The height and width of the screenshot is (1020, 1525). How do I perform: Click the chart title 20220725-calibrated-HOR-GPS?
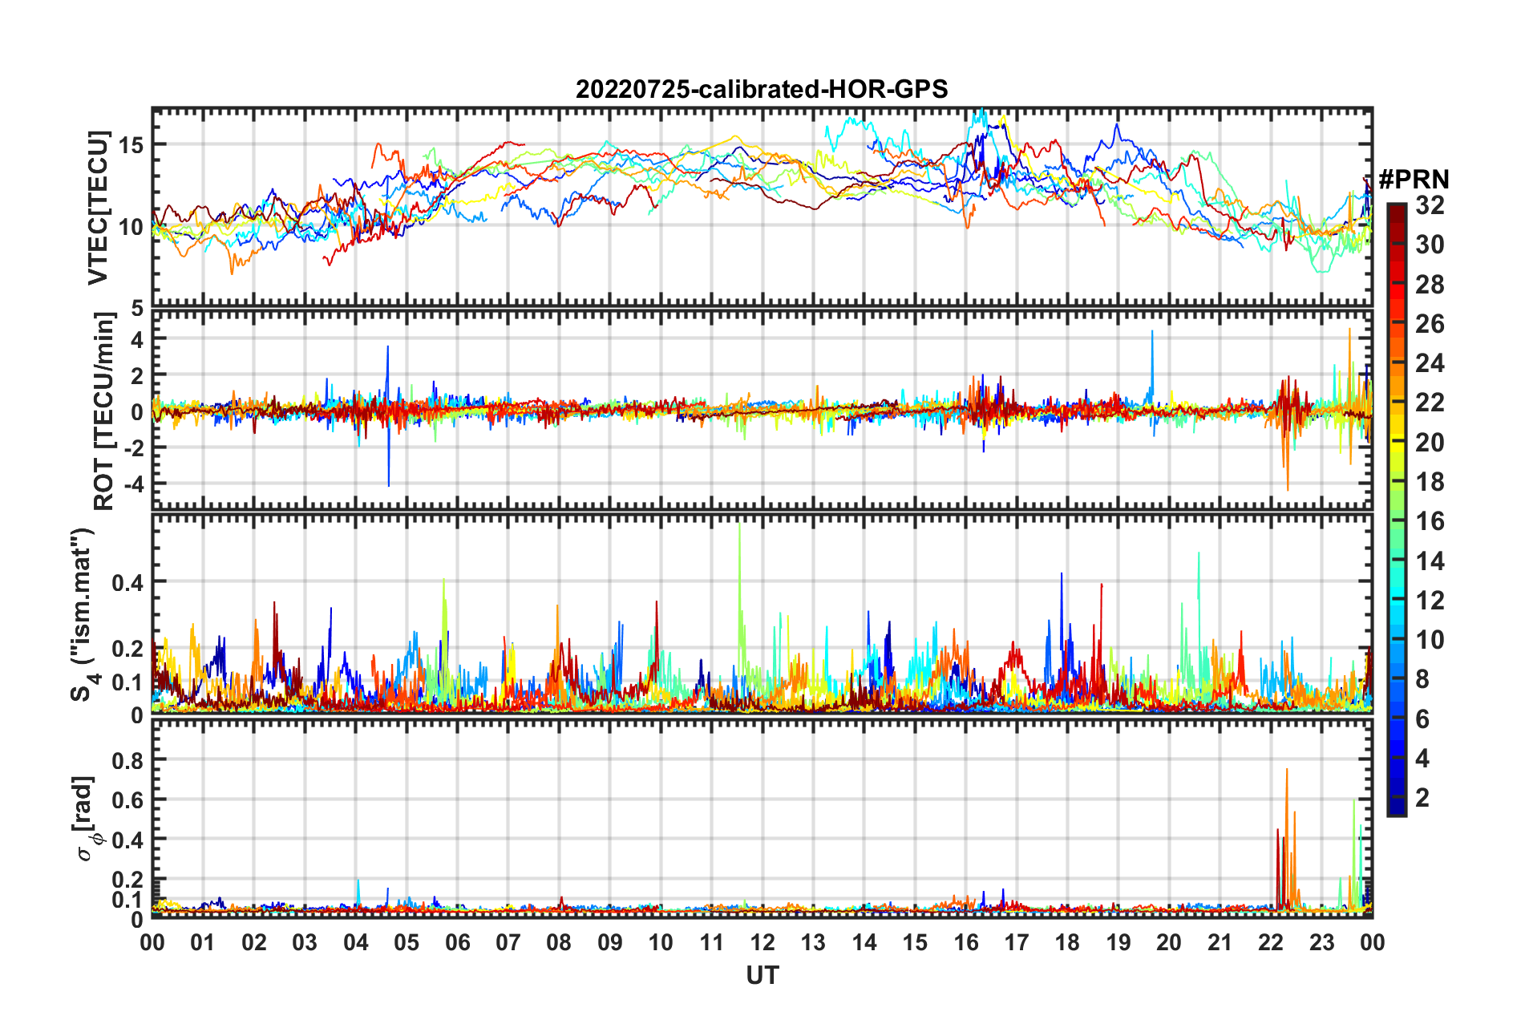click(762, 89)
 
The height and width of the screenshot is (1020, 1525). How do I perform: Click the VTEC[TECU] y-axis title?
click(98, 208)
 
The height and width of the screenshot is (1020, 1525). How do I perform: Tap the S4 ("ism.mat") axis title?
click(85, 614)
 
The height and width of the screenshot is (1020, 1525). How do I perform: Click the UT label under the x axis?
click(762, 975)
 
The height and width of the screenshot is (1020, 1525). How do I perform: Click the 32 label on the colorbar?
click(1430, 205)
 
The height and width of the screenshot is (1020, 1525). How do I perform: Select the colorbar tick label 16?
click(1430, 521)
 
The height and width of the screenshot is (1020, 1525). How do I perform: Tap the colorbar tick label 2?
click(1422, 797)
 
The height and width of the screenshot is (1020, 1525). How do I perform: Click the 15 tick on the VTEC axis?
click(131, 145)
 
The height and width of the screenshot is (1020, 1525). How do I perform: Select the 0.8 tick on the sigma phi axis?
click(127, 759)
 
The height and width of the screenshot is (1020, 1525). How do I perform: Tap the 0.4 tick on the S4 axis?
click(127, 582)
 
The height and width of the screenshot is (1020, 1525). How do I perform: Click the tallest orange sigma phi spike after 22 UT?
click(1287, 771)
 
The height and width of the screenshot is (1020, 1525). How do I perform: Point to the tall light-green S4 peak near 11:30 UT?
click(738, 526)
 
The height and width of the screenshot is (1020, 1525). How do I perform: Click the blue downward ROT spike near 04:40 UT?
click(389, 484)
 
